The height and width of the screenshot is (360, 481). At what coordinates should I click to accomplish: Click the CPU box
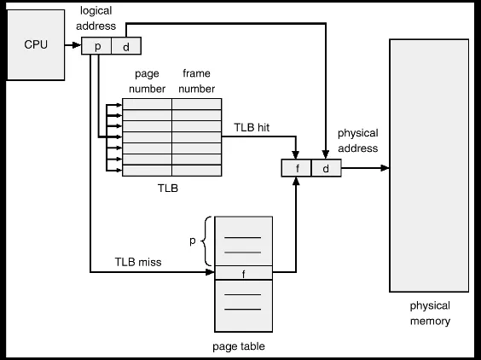tap(35, 44)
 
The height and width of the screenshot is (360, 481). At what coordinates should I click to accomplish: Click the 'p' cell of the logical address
tap(97, 46)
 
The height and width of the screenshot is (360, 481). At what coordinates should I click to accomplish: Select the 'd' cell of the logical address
tap(126, 46)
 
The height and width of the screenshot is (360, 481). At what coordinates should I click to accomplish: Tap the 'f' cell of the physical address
tap(297, 168)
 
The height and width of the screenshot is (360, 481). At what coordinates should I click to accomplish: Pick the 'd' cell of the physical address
tap(326, 168)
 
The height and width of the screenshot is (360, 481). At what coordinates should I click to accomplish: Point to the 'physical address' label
tap(357, 141)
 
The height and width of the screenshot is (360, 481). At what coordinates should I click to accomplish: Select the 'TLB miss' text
tap(139, 261)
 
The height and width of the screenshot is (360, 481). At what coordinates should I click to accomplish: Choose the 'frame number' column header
tap(197, 82)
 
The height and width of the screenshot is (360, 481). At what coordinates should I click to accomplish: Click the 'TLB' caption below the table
tap(168, 188)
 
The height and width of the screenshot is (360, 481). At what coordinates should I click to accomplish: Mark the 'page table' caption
tap(239, 345)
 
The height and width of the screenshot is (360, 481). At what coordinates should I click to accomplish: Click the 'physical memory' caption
tap(430, 313)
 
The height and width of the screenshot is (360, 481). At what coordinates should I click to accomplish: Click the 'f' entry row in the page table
tap(243, 273)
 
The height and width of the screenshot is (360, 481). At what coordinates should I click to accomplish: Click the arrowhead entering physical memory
tap(385, 168)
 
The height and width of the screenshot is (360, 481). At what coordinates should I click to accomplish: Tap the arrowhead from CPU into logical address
tap(78, 46)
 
